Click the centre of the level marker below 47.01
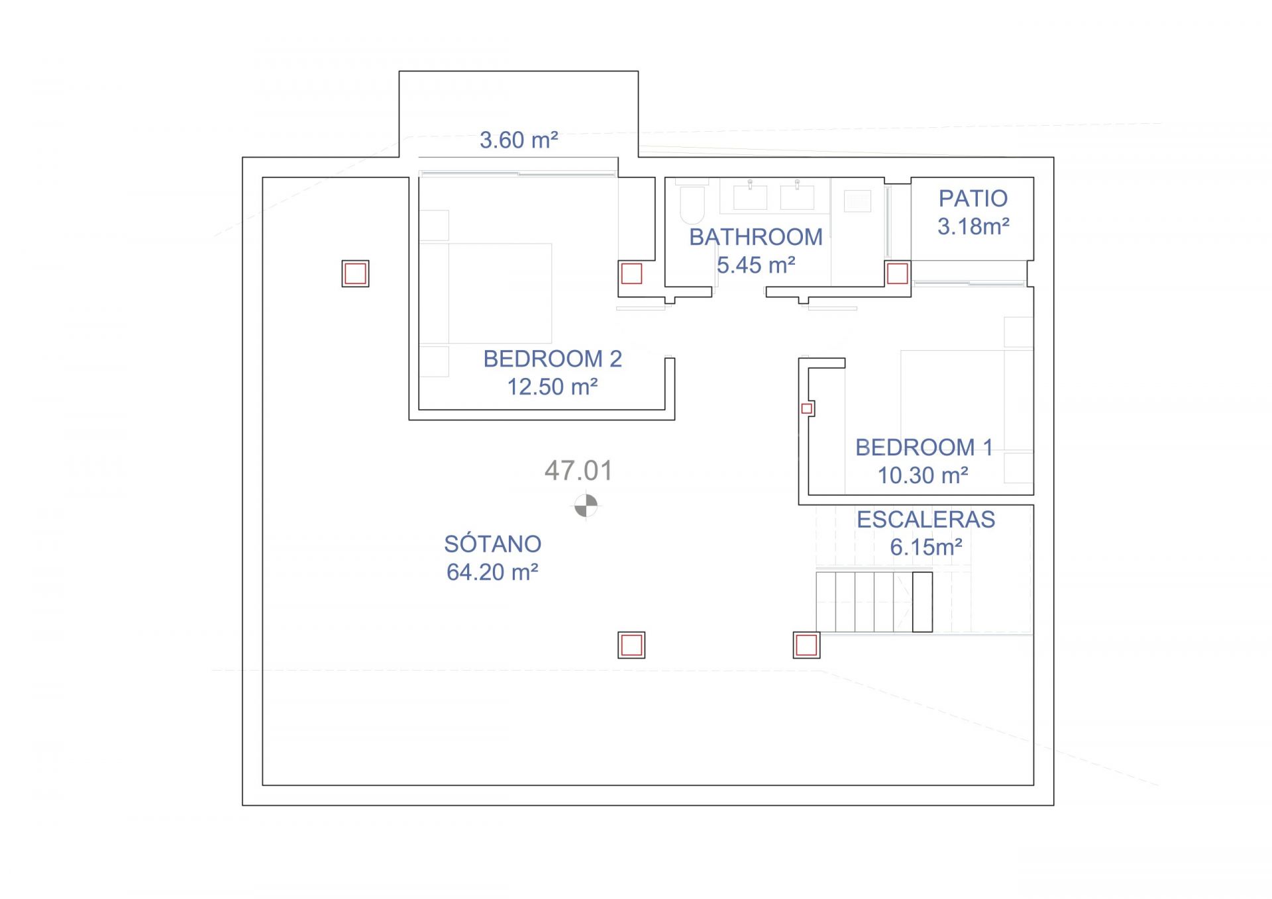586,506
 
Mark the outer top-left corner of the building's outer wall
242,158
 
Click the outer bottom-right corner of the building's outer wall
1053,805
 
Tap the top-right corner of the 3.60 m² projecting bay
638,71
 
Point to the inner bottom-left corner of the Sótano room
263,785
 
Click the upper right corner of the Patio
1033,177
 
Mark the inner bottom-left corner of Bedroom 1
808,494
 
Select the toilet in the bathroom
692,205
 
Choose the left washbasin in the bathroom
750,197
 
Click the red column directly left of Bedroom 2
355,273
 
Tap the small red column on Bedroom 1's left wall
807,408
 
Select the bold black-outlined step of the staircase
922,602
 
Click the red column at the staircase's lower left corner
806,645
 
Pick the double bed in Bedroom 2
486,293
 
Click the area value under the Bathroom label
756,265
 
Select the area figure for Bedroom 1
923,475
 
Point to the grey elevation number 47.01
578,471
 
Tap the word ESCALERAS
926,520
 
